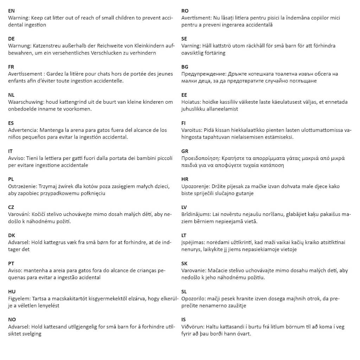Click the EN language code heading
[11, 11]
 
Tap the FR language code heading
[11, 67]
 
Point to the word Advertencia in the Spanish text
[22, 130]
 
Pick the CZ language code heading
[11, 207]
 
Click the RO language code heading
[185, 11]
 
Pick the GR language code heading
[185, 151]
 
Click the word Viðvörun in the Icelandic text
[193, 327]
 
